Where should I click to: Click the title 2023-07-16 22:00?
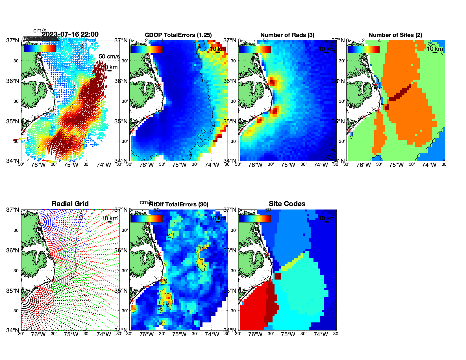click(70, 34)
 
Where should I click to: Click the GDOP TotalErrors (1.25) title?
click(178, 35)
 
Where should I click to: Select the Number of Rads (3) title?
click(287, 35)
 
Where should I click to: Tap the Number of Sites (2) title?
click(395, 35)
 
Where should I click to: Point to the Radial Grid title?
click(70, 204)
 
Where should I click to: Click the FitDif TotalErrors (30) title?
click(178, 204)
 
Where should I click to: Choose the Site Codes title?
click(287, 204)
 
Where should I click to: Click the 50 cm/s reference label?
click(109, 56)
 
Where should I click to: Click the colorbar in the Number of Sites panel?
click(363, 49)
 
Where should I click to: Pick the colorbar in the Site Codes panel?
click(255, 219)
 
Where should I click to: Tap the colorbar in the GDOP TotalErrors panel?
click(146, 49)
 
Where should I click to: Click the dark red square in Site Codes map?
click(278, 276)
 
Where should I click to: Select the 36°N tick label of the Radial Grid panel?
click(13, 250)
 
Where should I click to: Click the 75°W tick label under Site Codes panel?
click(288, 334)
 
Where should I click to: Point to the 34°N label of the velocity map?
click(13, 161)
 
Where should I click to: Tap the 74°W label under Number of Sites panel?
click(429, 165)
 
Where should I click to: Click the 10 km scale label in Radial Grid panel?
click(109, 218)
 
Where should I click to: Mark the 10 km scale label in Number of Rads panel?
click(326, 49)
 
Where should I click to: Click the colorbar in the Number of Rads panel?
click(255, 49)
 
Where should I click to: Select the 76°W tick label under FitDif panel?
click(147, 334)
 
